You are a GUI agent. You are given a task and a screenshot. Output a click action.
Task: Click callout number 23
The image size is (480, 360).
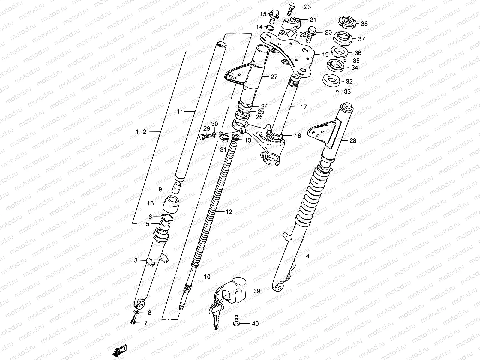click(x=307, y=7)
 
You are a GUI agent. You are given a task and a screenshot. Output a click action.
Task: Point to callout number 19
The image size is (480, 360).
click(x=325, y=55)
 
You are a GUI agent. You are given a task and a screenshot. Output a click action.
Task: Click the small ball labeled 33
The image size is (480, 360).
click(x=338, y=91)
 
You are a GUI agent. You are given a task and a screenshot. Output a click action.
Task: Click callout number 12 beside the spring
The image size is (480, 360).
click(x=229, y=212)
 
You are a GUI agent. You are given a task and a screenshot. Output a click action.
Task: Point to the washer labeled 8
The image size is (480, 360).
click(x=136, y=313)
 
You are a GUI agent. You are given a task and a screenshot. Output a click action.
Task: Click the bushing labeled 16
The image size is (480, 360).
click(x=170, y=203)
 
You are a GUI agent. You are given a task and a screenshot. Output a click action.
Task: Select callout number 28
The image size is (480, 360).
click(x=353, y=140)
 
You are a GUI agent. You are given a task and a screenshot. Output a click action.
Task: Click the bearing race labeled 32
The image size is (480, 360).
click(x=331, y=81)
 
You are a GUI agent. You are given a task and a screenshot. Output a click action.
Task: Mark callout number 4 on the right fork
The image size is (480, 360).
click(x=307, y=256)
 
